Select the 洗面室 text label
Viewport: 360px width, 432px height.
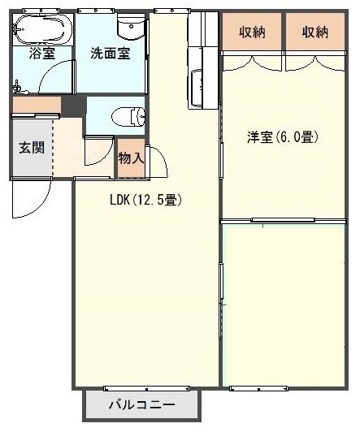tap(109, 55)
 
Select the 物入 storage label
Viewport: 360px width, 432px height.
tap(131, 159)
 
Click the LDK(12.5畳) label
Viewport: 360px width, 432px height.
tap(145, 200)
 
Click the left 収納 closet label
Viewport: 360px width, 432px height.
tap(252, 32)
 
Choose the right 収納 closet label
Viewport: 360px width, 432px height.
tap(314, 32)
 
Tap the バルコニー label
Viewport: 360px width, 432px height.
tap(141, 404)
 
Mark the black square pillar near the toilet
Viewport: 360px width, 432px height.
tap(74, 106)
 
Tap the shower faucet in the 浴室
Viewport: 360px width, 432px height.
tap(18, 84)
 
